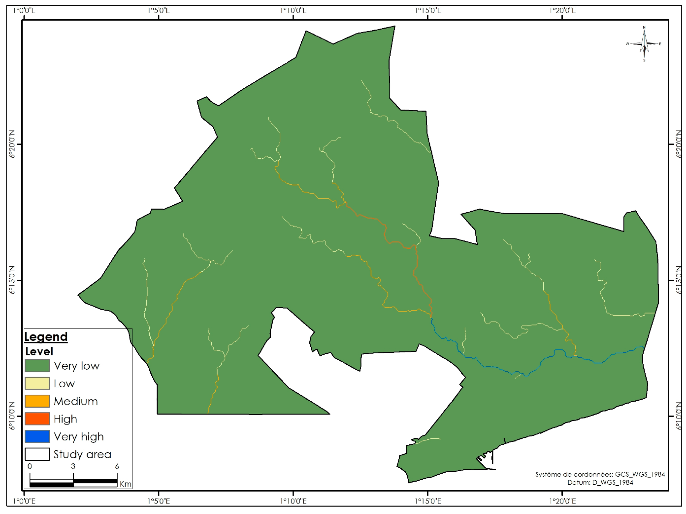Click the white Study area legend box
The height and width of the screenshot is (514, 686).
pyautogui.click(x=37, y=454)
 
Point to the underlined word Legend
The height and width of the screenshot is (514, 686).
pyautogui.click(x=46, y=337)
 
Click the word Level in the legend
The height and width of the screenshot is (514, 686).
pyautogui.click(x=39, y=351)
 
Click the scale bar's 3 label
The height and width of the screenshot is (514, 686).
pyautogui.click(x=73, y=466)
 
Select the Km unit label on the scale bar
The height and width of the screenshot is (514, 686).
pyautogui.click(x=125, y=484)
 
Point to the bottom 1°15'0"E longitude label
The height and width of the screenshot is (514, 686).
pyautogui.click(x=428, y=501)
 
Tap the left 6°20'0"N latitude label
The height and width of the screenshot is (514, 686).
pyautogui.click(x=12, y=144)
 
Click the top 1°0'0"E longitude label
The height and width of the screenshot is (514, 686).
pyautogui.click(x=24, y=10)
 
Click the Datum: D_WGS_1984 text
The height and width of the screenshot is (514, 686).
pyautogui.click(x=600, y=482)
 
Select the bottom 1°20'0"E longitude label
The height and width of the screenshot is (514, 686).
pyautogui.click(x=562, y=501)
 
